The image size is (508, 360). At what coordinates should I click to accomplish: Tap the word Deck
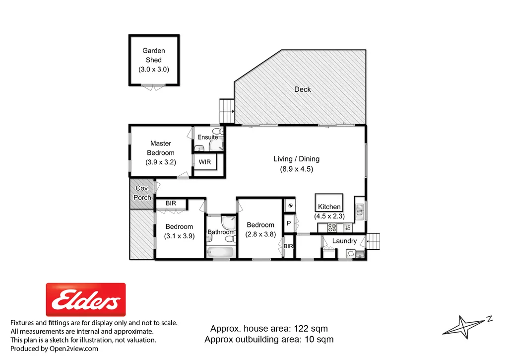click(303, 89)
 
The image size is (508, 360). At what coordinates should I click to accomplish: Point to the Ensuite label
click(207, 137)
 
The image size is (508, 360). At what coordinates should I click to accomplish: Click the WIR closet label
click(204, 162)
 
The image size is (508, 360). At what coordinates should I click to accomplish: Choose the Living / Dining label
click(296, 159)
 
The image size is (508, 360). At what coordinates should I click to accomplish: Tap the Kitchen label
click(329, 207)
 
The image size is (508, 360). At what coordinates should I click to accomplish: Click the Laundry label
click(344, 241)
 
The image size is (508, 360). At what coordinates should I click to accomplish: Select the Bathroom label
click(221, 232)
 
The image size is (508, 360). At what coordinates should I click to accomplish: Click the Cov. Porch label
click(142, 193)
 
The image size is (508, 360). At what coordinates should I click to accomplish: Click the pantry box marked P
click(289, 223)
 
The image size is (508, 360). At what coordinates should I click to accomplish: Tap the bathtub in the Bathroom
click(220, 252)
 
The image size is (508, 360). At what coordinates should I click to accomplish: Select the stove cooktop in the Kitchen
click(332, 228)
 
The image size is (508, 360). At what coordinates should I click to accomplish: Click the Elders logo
click(86, 299)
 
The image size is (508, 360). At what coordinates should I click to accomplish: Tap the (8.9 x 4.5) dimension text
click(296, 169)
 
